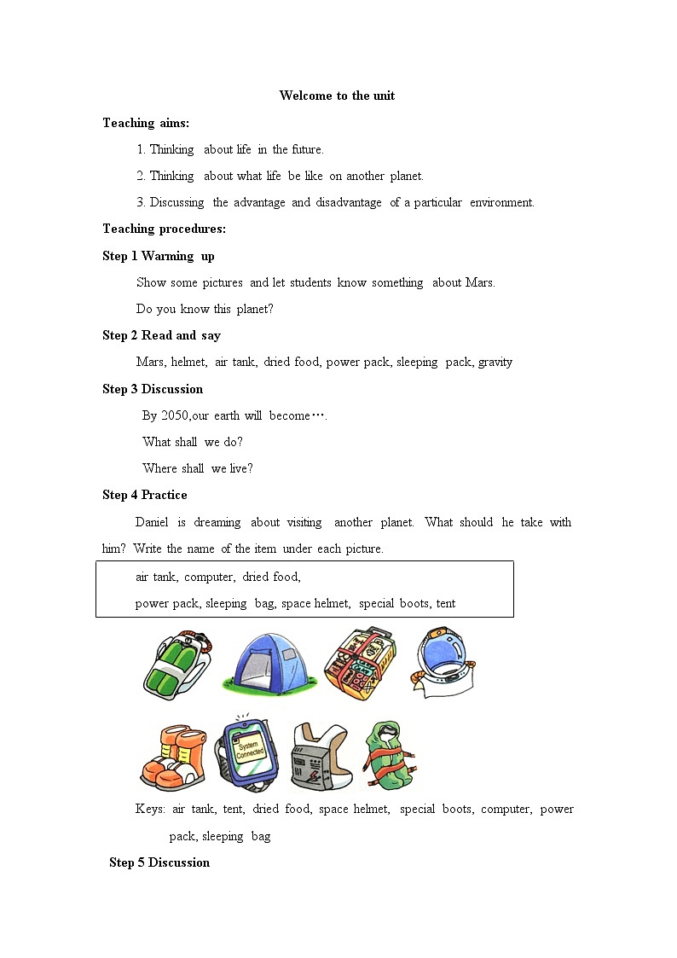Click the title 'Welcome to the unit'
[337, 96]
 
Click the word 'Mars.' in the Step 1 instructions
[480, 282]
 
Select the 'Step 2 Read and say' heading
[161, 335]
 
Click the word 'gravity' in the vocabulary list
[495, 362]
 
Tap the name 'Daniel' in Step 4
[152, 522]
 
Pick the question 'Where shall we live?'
[198, 468]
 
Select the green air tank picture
[176, 662]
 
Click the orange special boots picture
[173, 757]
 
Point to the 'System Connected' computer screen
[249, 752]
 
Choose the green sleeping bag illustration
[388, 755]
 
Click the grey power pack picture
[317, 757]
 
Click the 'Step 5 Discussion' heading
[159, 862]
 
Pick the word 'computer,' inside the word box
[209, 577]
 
